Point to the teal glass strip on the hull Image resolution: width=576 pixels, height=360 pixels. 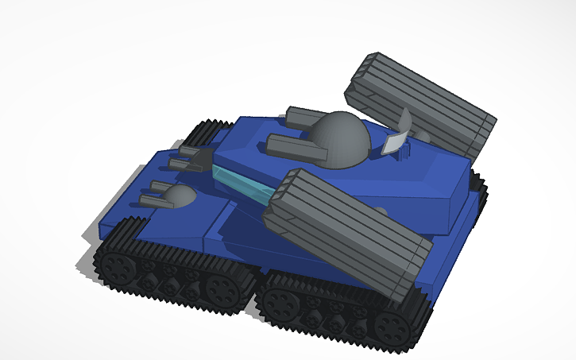tap(242, 184)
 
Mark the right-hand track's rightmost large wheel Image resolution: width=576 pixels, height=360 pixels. tap(391, 326)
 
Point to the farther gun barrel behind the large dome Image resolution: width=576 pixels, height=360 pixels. tap(303, 117)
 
